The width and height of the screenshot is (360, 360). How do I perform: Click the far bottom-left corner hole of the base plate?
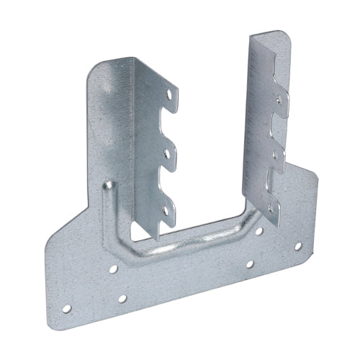tap(67, 310)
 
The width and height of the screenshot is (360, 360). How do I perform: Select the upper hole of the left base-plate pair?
tap(114, 271)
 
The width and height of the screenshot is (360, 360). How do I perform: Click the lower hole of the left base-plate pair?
tap(122, 297)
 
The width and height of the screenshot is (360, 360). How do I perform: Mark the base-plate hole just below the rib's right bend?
tap(249, 264)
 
